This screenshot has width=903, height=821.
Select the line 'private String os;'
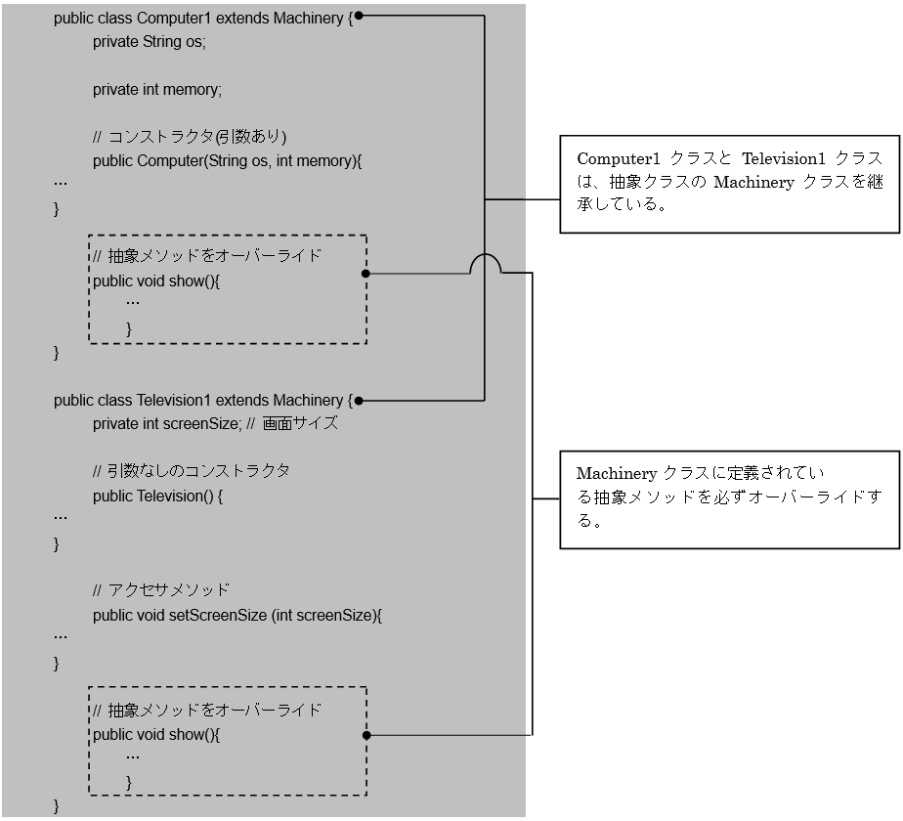click(150, 42)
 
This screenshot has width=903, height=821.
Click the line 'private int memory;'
click(157, 90)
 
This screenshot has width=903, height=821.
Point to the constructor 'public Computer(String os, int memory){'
click(227, 160)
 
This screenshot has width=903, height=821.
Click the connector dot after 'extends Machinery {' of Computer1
click(359, 17)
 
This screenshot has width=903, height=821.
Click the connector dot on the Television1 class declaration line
click(359, 401)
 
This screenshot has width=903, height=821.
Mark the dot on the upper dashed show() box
click(365, 275)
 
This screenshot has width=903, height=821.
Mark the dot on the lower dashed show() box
click(365, 734)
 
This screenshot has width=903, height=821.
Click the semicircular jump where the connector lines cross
click(485, 264)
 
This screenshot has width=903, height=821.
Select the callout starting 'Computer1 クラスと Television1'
click(729, 183)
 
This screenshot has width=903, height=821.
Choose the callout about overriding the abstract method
click(729, 497)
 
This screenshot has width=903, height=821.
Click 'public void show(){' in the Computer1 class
click(157, 281)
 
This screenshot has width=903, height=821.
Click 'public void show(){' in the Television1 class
click(157, 734)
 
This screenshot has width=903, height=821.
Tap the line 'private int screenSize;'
click(166, 424)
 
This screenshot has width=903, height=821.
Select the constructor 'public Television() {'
click(158, 496)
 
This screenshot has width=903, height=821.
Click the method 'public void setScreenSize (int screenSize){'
click(237, 616)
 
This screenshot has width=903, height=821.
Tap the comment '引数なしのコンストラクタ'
click(192, 471)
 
